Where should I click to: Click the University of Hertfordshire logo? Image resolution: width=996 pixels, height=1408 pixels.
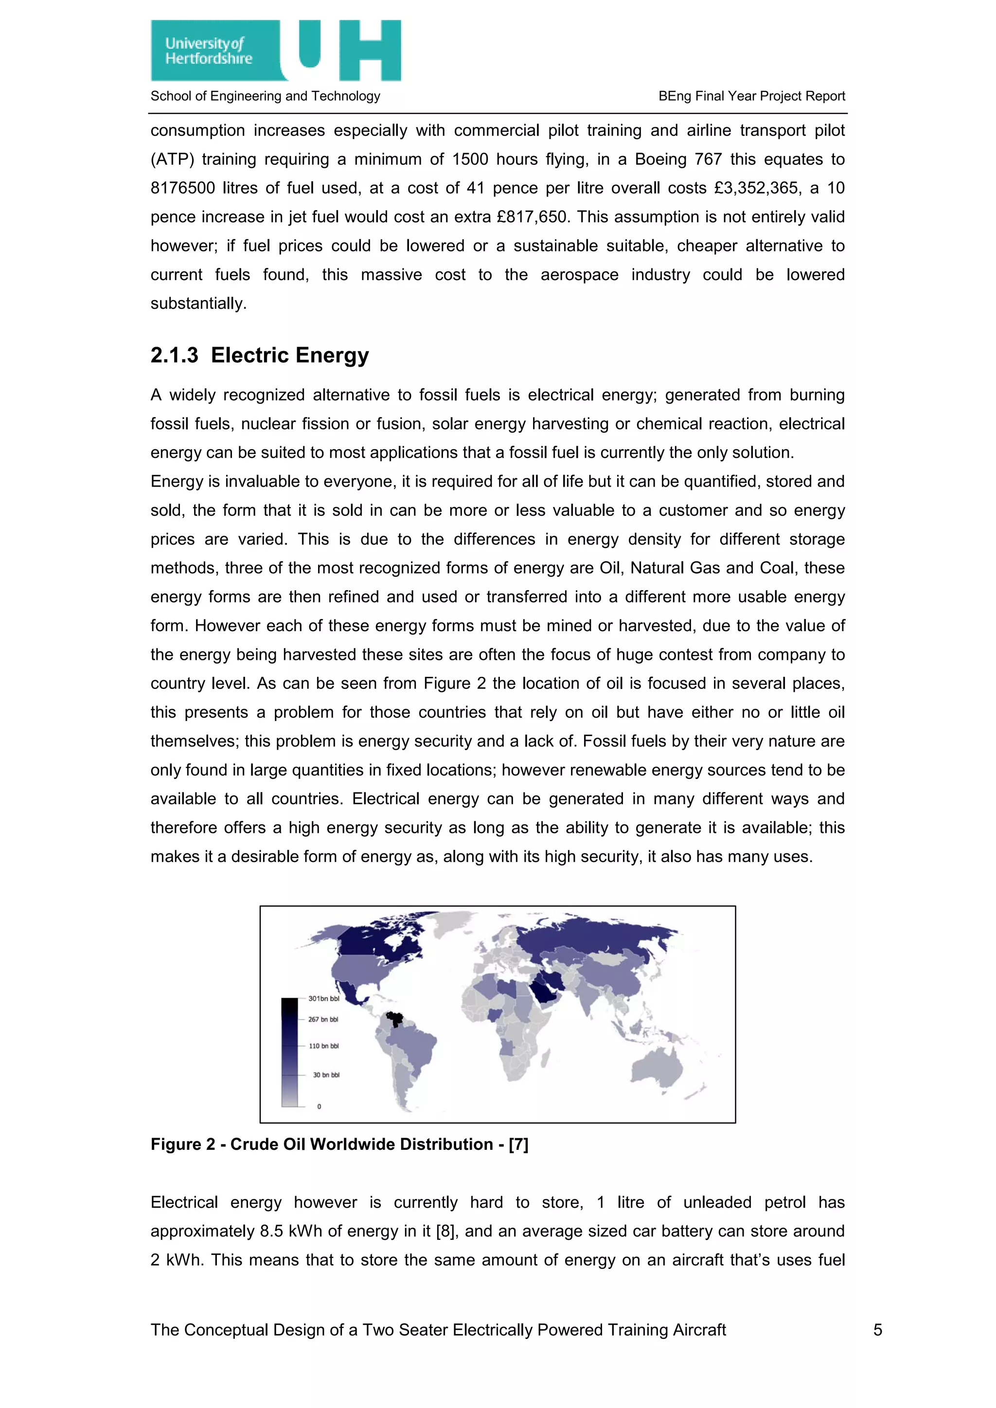click(275, 50)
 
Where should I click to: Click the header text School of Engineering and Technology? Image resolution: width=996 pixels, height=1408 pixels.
click(265, 96)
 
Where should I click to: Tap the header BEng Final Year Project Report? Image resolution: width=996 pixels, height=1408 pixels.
click(751, 96)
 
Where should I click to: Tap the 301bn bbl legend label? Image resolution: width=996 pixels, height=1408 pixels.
click(323, 998)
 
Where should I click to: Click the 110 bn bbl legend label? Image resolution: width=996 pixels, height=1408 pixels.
click(323, 1046)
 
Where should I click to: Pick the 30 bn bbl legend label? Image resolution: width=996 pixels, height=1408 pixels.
click(326, 1074)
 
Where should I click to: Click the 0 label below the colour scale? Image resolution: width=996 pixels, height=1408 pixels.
click(319, 1106)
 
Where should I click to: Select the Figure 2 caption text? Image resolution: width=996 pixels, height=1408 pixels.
click(339, 1144)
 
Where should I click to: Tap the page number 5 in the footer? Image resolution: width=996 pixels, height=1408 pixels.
click(878, 1330)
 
